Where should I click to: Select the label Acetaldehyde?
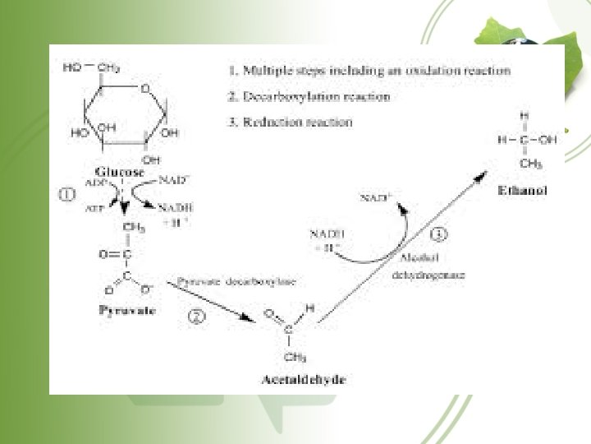(292, 380)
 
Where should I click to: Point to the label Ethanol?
(523, 190)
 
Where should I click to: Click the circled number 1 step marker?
(67, 195)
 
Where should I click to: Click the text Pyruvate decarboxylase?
(236, 281)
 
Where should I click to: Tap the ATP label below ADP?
(95, 210)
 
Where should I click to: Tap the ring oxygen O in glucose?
(144, 88)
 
